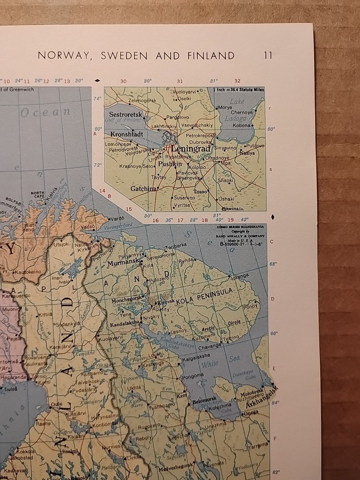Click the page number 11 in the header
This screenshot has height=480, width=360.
(268, 55)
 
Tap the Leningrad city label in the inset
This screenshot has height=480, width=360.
(192, 149)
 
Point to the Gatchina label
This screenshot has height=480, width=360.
(142, 188)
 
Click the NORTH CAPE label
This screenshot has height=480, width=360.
(37, 194)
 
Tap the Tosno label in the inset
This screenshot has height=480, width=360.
(200, 191)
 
